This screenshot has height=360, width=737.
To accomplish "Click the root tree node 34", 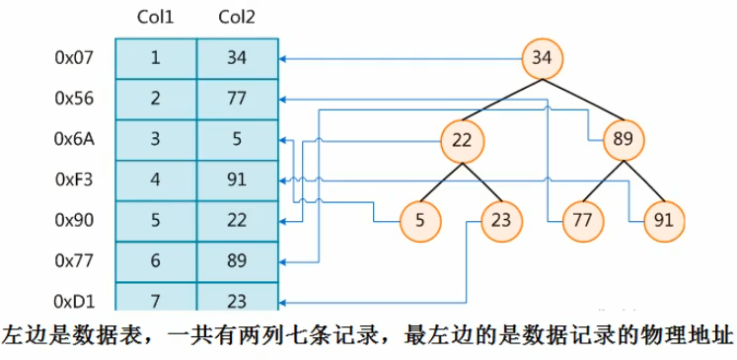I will tap(542, 58).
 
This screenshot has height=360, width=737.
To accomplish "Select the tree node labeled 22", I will tap(461, 140).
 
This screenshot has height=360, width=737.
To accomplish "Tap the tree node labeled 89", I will tap(623, 140).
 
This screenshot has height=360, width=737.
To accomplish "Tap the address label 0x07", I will tap(74, 58).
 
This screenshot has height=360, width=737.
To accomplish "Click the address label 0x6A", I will tap(74, 139).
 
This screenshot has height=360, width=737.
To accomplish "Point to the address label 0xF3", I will tap(74, 180).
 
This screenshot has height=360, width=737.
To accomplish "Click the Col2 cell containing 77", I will tap(237, 99).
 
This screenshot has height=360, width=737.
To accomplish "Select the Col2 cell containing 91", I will tap(237, 180).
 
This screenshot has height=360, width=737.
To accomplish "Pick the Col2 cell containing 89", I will tap(237, 261).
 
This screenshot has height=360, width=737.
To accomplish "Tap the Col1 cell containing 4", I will tap(156, 180).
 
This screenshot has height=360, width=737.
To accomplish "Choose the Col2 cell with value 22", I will tap(237, 221).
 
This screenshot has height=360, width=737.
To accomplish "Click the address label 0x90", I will tap(74, 221).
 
